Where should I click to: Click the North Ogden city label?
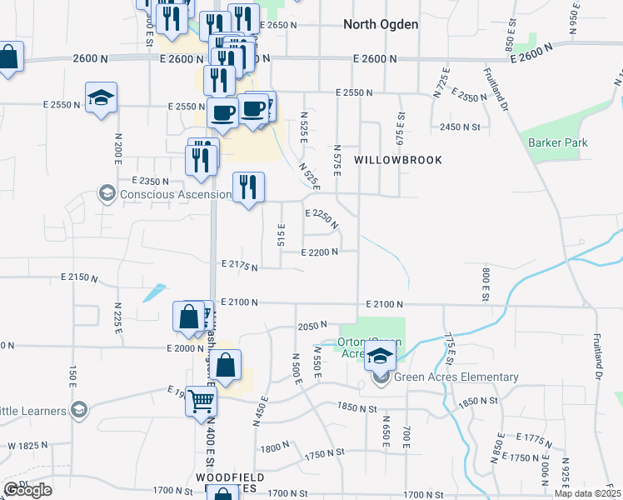click(381, 24)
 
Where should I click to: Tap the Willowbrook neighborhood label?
click(397, 159)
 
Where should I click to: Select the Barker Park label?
click(557, 142)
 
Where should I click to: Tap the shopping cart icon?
click(202, 402)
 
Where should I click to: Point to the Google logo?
click(27, 490)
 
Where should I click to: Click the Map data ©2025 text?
click(588, 493)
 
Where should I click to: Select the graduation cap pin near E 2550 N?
click(102, 98)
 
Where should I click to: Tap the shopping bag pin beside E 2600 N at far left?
click(8, 58)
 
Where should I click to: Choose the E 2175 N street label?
click(239, 266)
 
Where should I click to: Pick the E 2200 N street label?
click(320, 252)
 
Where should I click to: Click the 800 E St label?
click(484, 283)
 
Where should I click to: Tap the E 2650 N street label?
click(278, 25)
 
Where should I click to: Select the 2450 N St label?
click(461, 127)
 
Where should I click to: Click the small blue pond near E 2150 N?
click(153, 293)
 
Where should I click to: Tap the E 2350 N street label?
click(150, 180)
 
